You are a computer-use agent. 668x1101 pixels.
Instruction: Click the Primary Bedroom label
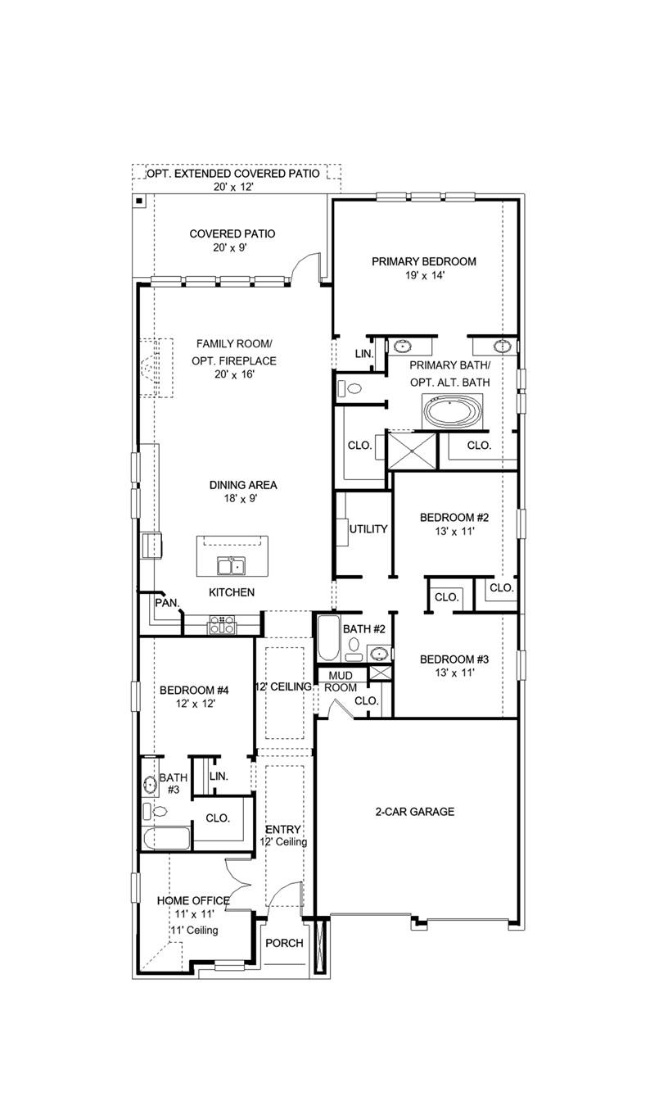tap(423, 261)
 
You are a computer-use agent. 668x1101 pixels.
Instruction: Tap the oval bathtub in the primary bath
tap(453, 410)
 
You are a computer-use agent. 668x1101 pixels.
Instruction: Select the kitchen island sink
tap(230, 565)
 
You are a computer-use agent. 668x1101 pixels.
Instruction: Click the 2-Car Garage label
tap(414, 812)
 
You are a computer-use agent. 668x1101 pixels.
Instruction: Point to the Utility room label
tap(368, 529)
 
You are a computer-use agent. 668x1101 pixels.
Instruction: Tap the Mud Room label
tap(341, 682)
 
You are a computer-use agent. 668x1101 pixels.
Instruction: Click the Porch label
tap(284, 943)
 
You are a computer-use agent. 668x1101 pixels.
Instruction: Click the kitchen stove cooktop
tap(222, 628)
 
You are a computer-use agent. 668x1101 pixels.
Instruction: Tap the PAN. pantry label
tap(166, 602)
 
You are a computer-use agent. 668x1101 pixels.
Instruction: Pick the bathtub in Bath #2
tap(327, 640)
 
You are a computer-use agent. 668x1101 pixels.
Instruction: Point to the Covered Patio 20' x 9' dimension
tap(232, 247)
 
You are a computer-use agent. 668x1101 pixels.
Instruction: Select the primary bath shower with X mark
tap(413, 451)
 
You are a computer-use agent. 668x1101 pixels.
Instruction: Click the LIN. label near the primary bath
tap(363, 354)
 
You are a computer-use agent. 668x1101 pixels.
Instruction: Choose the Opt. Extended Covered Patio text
tap(233, 174)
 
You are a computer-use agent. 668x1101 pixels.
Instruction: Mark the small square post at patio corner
tap(139, 200)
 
